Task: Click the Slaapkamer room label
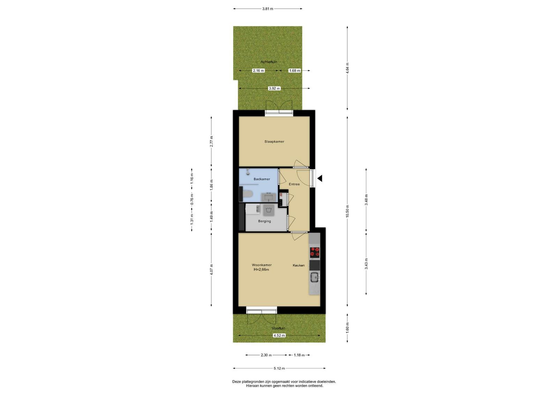coord(274,142)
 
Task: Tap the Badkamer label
coord(262,179)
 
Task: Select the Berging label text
coord(264,221)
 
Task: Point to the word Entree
coord(294,184)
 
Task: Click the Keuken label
coord(299,266)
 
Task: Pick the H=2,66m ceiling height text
coord(261,270)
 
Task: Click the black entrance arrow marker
coord(319,178)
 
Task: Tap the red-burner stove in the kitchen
coord(315,252)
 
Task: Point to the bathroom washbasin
coord(269,197)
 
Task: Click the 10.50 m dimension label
coord(347,211)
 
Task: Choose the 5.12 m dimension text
coord(279,368)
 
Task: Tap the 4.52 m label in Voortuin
coord(279,335)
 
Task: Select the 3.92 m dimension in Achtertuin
coord(274,88)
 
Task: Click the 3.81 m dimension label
coord(267,9)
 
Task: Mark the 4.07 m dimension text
coord(211,269)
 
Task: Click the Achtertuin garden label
coord(269,62)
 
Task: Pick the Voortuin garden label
coord(279,328)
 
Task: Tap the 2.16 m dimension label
coord(258,70)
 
